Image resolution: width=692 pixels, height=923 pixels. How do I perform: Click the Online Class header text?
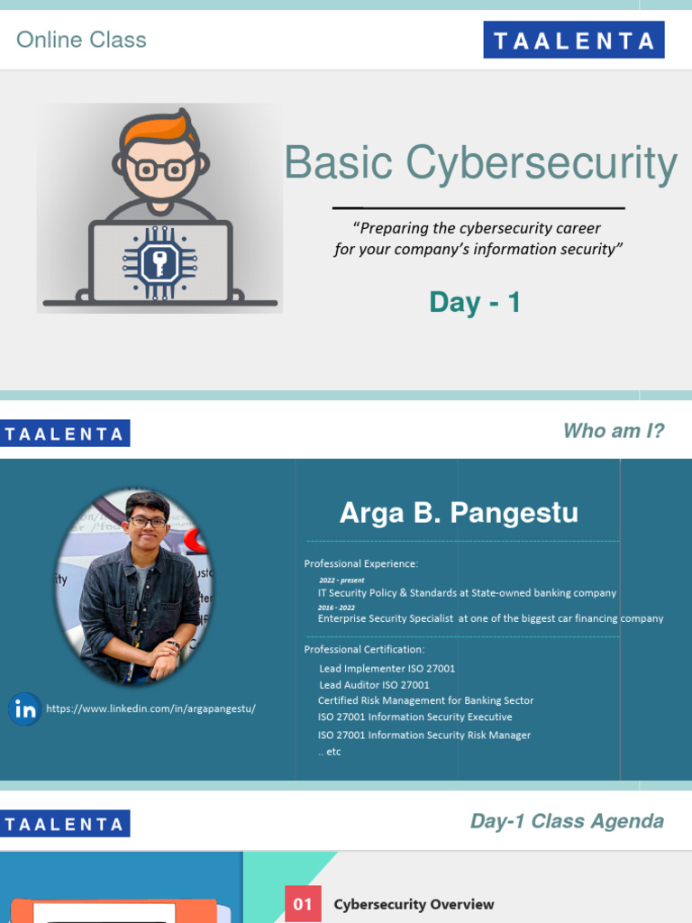point(81,40)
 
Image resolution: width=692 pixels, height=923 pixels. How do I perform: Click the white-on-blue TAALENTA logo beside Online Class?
point(573,41)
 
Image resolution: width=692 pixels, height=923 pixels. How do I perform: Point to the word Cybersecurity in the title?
point(541,163)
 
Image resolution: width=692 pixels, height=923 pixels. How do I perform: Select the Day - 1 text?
point(475,302)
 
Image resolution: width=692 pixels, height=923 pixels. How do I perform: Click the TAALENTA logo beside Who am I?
point(65,434)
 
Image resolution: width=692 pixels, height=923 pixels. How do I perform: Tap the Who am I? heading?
point(613,431)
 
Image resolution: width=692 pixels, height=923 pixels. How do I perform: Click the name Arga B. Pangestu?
point(459,513)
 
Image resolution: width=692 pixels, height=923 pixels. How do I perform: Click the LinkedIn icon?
point(25,709)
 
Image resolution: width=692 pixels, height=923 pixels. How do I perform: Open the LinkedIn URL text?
point(150,708)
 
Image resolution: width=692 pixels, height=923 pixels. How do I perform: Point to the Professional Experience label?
point(360,563)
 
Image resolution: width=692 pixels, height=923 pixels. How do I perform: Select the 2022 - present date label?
point(341,580)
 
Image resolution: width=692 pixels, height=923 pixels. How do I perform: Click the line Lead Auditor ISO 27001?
point(374,685)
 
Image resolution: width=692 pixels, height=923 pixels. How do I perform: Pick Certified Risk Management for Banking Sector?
point(425,700)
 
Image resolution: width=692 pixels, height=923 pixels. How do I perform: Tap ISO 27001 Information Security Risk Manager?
point(424,735)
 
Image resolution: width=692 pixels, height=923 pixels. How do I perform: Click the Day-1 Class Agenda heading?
point(567,821)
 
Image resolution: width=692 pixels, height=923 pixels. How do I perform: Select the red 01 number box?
point(303,903)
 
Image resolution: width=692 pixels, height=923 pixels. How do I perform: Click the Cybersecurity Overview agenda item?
point(414,904)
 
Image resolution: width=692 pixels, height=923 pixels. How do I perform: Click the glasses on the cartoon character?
point(160,169)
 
